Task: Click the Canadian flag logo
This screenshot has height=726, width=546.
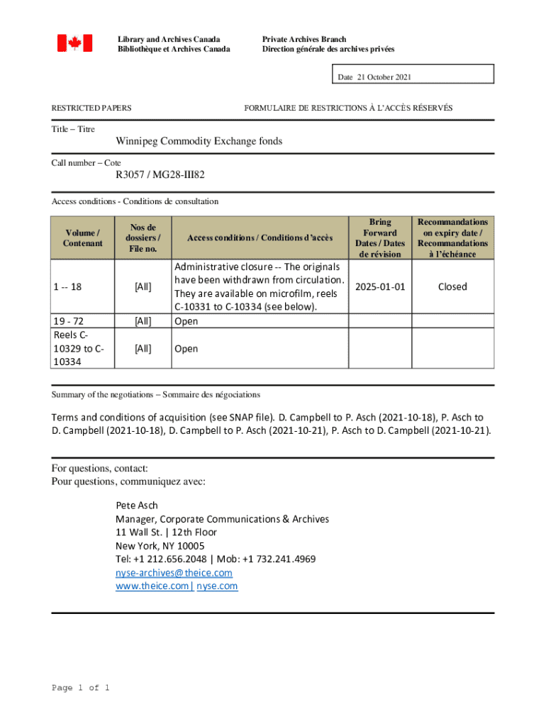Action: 74,43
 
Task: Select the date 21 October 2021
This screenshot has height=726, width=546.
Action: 374,77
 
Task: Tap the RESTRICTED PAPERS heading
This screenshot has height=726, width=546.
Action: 91,108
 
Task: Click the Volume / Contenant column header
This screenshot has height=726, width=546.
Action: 83,238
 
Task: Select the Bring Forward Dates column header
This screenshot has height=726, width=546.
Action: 379,238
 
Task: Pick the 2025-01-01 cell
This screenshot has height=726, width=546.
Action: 379,286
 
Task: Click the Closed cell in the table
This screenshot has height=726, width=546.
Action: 452,286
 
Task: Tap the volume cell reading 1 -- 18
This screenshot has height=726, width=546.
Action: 67,286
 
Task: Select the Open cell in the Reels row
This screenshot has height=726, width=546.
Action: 186,349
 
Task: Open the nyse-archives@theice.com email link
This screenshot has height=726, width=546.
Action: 174,573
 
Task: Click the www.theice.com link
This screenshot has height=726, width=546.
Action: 152,586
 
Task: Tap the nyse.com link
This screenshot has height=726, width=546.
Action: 217,586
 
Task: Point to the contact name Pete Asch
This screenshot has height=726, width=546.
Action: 136,506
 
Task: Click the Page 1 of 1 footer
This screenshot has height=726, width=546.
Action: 80,688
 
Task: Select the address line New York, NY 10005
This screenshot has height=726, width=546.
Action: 160,546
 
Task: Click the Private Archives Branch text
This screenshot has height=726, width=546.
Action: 303,39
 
